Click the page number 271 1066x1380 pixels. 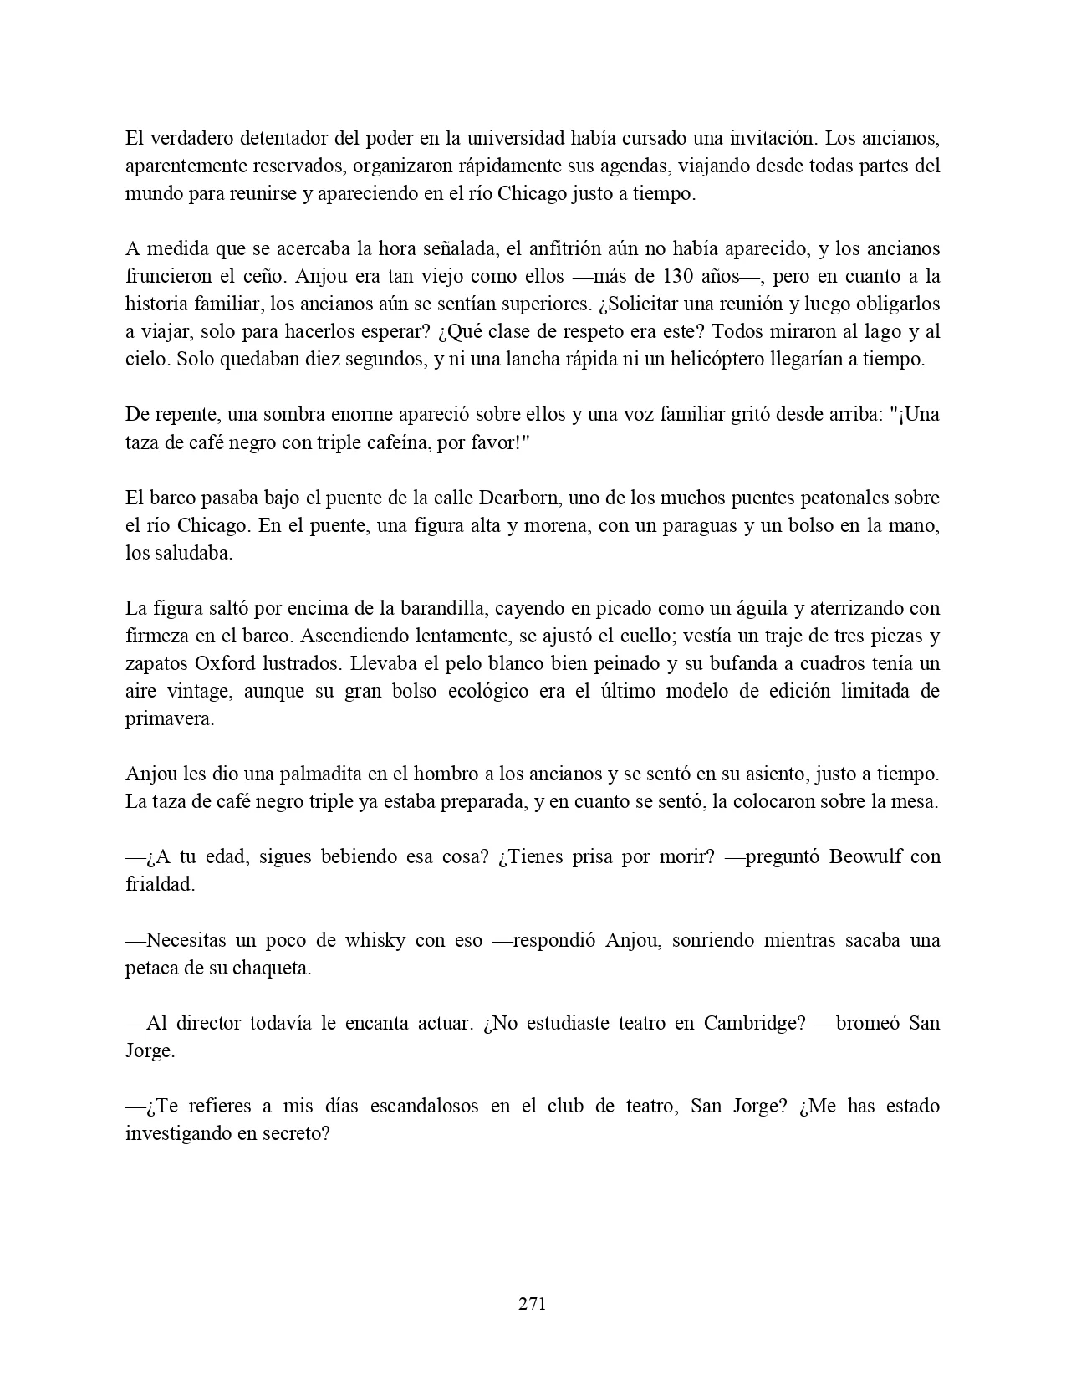[533, 1303]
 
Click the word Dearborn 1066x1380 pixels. [521, 498]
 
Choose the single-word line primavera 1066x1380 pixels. [170, 719]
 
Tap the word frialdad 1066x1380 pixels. [161, 885]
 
